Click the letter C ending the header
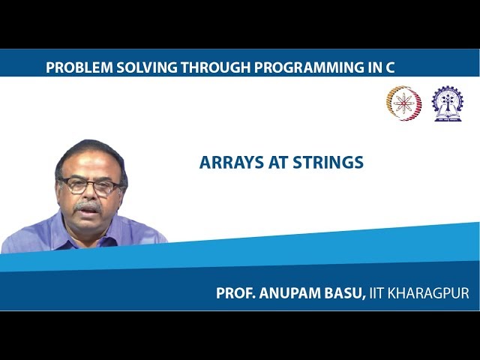click(x=389, y=67)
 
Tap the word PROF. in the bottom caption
click(x=236, y=293)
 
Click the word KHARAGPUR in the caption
click(x=432, y=293)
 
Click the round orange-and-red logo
click(x=403, y=103)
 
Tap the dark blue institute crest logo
click(x=447, y=103)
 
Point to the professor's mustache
click(x=88, y=205)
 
